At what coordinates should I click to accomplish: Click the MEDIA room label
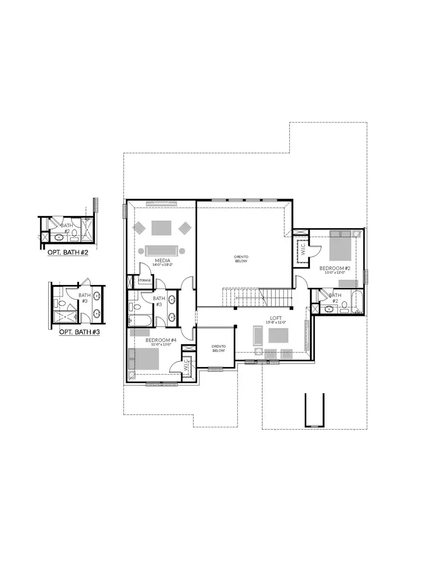[x=163, y=260]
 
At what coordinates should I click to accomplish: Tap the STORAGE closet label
[x=144, y=280]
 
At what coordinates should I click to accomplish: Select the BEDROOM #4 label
[x=161, y=339]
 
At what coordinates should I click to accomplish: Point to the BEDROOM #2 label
[x=334, y=268]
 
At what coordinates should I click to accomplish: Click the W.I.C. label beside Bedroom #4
[x=187, y=366]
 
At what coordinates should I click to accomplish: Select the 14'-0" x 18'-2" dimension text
[x=163, y=265]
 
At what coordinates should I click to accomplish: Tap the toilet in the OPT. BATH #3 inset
[x=76, y=317]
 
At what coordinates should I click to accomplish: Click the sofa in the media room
[x=162, y=250]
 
